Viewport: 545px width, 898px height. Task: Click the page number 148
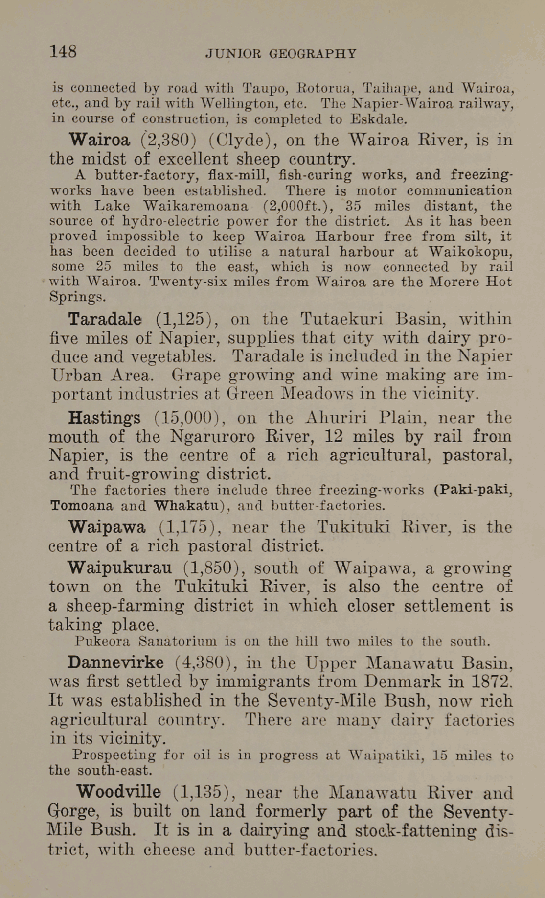coord(63,52)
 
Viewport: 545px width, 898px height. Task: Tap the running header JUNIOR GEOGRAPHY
coord(281,54)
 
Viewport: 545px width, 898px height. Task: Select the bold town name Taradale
coord(105,319)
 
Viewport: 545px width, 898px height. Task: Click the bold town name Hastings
coord(104,418)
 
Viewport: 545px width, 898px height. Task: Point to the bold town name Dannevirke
coord(115,662)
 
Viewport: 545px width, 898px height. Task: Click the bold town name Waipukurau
coord(119,567)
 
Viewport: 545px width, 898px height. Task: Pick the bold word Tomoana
coord(82,505)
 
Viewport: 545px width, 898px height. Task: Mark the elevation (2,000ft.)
coord(298,206)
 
